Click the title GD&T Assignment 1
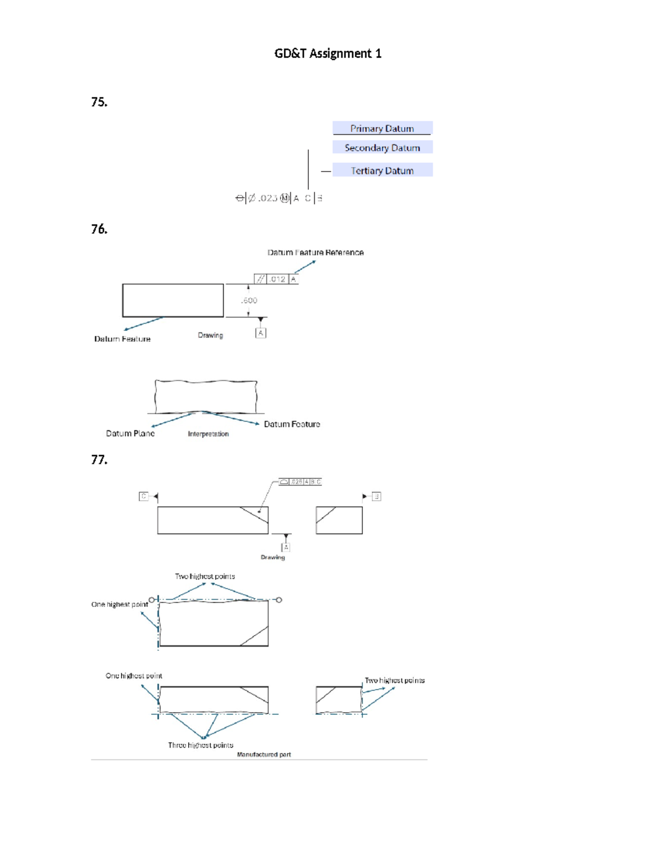[327, 54]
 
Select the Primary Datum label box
[382, 128]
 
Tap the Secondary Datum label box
[382, 147]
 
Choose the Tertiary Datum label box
[382, 170]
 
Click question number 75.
[99, 102]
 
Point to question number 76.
[99, 229]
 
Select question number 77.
[99, 460]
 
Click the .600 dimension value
[249, 300]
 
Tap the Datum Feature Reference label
[315, 252]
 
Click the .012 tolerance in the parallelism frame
[278, 279]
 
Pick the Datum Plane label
[130, 434]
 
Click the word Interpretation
[208, 434]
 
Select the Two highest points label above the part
[205, 577]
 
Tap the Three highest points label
[201, 745]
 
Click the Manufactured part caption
[264, 755]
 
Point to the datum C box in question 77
[144, 496]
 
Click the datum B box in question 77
[376, 496]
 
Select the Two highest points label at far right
[395, 680]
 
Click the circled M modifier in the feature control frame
[284, 198]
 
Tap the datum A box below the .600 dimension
[261, 333]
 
